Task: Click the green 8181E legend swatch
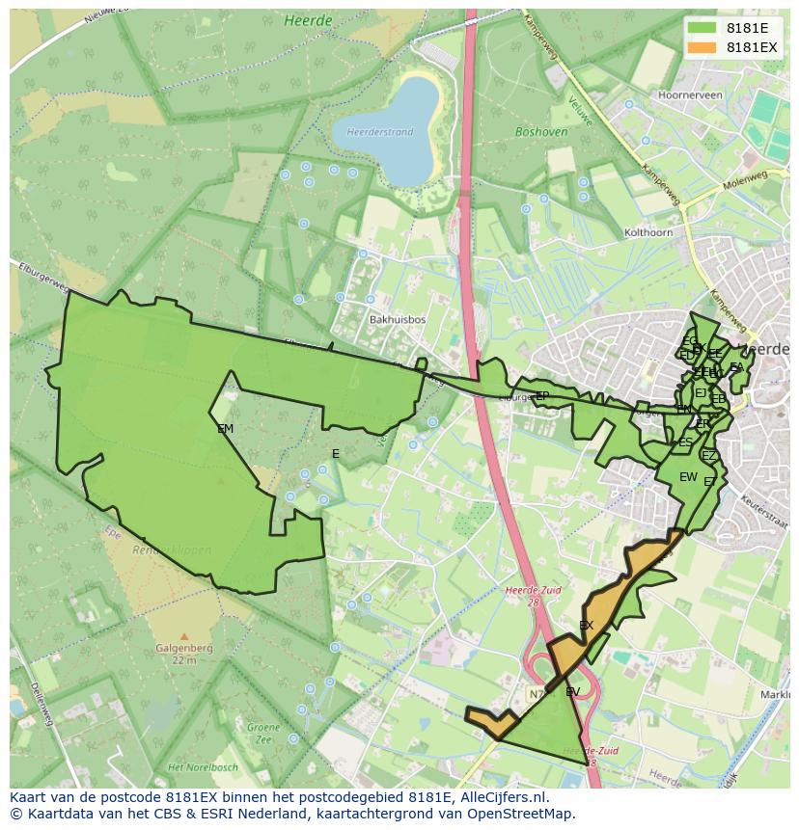pyautogui.click(x=703, y=28)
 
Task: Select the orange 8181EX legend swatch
pyautogui.click(x=703, y=47)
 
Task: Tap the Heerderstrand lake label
pyautogui.click(x=380, y=132)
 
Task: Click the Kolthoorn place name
pyautogui.click(x=647, y=232)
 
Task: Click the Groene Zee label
pyautogui.click(x=262, y=732)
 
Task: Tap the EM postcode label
pyautogui.click(x=225, y=429)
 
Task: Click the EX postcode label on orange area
pyautogui.click(x=586, y=626)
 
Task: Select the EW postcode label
pyautogui.click(x=687, y=477)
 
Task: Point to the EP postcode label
pyautogui.click(x=541, y=395)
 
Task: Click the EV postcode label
pyautogui.click(x=572, y=692)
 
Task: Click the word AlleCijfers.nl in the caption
pyautogui.click(x=501, y=798)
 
